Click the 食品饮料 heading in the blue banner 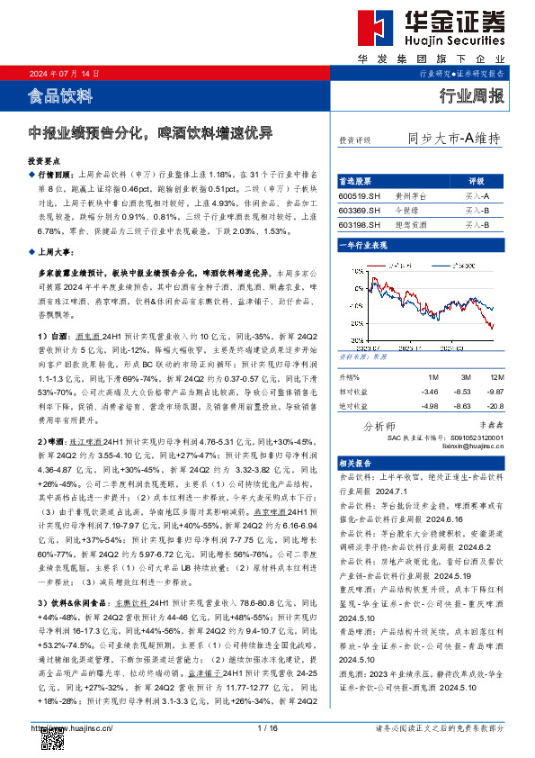pyautogui.click(x=60, y=94)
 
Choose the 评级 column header pyautogui.click(x=477, y=180)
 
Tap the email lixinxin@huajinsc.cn pyautogui.click(x=474, y=445)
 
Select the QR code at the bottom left pyautogui.click(x=53, y=739)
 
